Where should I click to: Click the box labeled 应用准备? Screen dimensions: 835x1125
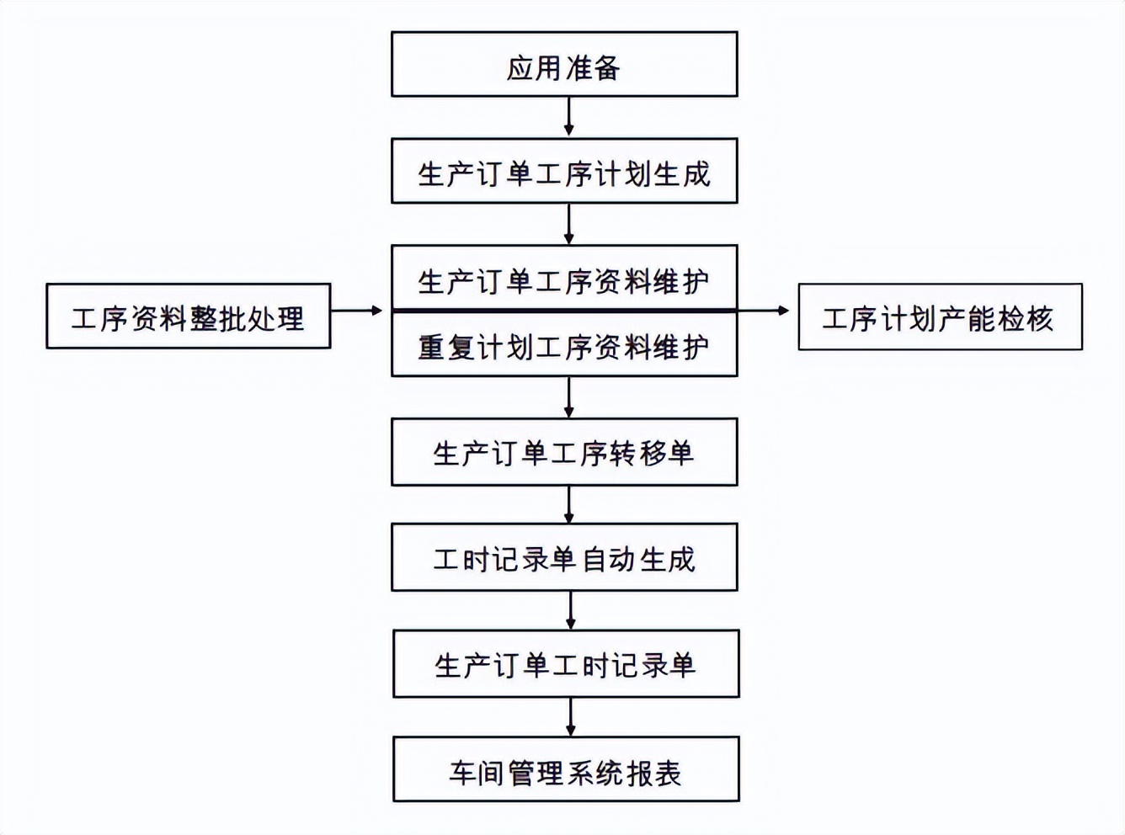click(x=564, y=65)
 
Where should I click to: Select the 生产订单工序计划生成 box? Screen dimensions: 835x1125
click(x=564, y=172)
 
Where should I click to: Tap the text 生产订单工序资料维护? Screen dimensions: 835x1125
click(x=564, y=281)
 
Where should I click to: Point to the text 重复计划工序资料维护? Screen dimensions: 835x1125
click(x=564, y=346)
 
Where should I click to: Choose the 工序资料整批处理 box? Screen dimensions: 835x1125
click(x=188, y=316)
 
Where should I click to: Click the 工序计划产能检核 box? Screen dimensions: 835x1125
click(x=940, y=317)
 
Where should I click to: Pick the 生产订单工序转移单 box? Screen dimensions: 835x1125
click(x=564, y=452)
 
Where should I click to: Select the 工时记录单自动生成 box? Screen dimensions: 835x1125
click(x=564, y=558)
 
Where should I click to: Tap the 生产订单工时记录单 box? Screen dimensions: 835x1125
click(x=566, y=664)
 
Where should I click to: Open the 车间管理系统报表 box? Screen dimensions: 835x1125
click(x=566, y=770)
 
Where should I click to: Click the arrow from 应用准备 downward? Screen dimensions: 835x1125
click(x=569, y=116)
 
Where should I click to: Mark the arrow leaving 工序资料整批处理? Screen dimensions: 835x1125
click(x=358, y=311)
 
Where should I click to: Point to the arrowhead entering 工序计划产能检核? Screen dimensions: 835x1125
click(x=783, y=311)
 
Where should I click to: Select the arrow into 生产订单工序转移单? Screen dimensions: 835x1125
click(x=569, y=397)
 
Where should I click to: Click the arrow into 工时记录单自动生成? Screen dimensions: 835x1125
click(x=569, y=504)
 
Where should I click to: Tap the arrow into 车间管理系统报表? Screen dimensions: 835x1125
click(x=571, y=717)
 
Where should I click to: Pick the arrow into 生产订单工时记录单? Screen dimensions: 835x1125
click(x=571, y=610)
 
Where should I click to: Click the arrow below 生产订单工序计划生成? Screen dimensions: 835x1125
click(x=569, y=224)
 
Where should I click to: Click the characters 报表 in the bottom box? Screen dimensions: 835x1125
click(x=654, y=772)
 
